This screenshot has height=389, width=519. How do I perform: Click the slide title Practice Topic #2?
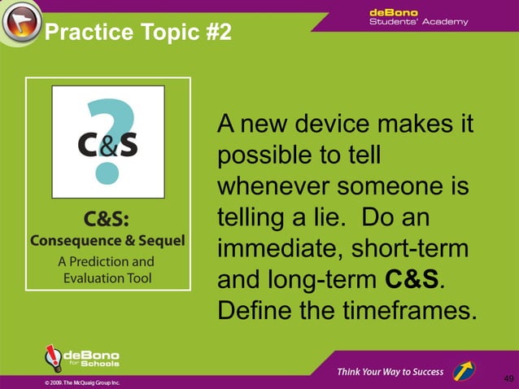click(137, 33)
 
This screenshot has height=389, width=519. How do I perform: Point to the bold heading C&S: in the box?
click(107, 221)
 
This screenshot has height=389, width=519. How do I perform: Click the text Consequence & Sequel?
click(107, 241)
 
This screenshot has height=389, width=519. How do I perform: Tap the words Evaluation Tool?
click(107, 278)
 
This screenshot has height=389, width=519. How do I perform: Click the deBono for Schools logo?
click(81, 359)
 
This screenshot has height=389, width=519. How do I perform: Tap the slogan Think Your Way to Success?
click(390, 372)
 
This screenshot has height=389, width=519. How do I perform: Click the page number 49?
click(508, 378)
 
